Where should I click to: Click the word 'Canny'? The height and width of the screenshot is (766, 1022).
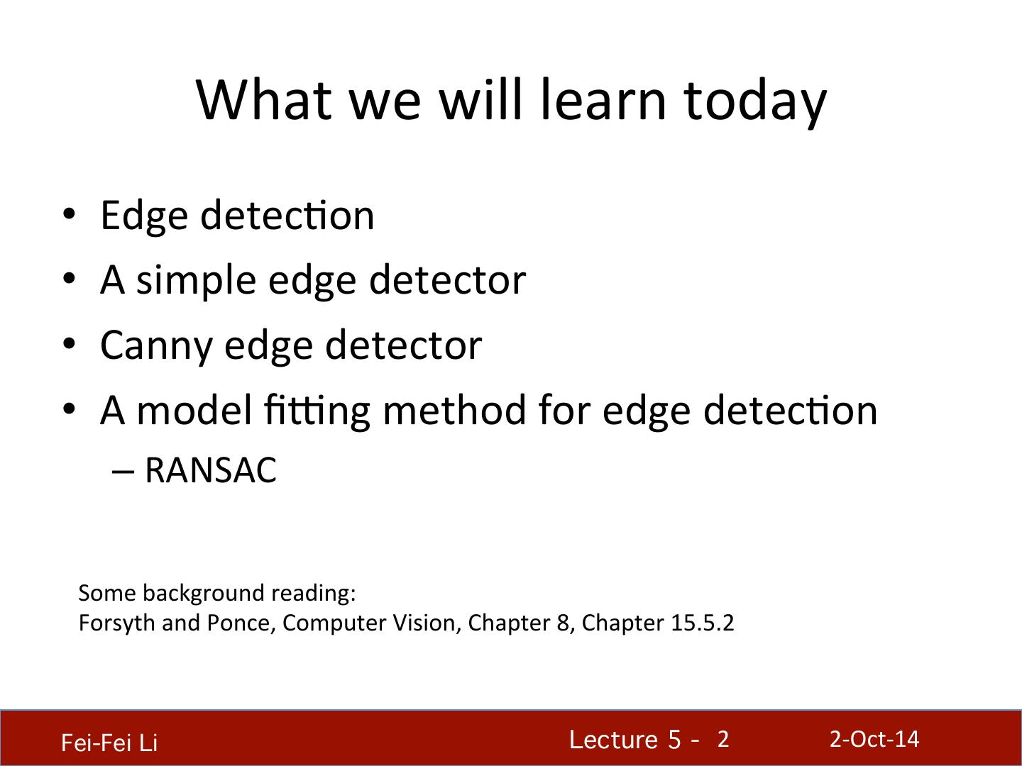(x=156, y=345)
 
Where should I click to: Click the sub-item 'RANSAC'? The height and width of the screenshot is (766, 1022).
(x=210, y=470)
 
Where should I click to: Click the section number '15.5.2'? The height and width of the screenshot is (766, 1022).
(x=702, y=623)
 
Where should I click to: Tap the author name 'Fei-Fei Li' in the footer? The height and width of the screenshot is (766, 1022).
(x=109, y=743)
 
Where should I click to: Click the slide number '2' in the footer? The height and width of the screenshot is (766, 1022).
(x=722, y=740)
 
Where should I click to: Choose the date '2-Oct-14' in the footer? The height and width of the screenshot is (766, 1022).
(x=874, y=739)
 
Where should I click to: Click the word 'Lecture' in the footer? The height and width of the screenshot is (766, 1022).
(x=613, y=740)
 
